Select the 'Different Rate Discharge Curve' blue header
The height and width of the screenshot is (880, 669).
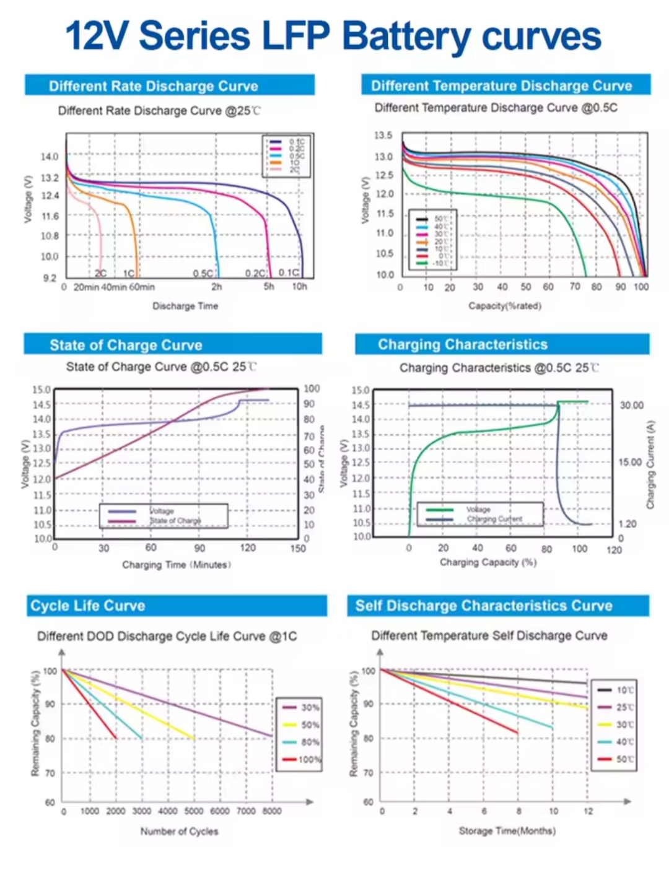(x=154, y=85)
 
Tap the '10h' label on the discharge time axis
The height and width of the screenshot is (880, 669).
(x=299, y=287)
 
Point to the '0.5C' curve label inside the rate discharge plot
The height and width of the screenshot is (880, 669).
(x=203, y=273)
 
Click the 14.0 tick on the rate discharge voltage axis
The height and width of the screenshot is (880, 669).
(x=50, y=157)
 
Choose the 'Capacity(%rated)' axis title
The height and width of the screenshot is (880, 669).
(x=504, y=306)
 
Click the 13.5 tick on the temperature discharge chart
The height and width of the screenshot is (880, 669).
(x=383, y=136)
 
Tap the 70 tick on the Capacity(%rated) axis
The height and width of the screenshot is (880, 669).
(x=575, y=287)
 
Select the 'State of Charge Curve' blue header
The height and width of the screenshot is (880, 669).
(x=126, y=345)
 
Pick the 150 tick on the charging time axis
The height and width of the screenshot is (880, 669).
(x=298, y=548)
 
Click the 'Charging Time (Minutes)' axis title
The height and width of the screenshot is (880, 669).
(x=177, y=565)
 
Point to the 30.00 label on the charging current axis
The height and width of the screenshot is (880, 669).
(x=631, y=405)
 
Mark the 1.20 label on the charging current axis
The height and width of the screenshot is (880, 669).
(x=627, y=524)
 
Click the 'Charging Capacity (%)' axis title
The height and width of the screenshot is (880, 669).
(x=488, y=562)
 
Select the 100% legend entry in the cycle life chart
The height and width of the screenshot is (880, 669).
(x=309, y=759)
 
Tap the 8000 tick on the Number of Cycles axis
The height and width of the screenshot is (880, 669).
(x=272, y=811)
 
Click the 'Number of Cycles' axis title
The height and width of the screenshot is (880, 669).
(x=179, y=831)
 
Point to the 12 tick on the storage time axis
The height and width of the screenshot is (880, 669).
(x=588, y=811)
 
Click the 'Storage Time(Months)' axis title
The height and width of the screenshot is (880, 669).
(x=507, y=830)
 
